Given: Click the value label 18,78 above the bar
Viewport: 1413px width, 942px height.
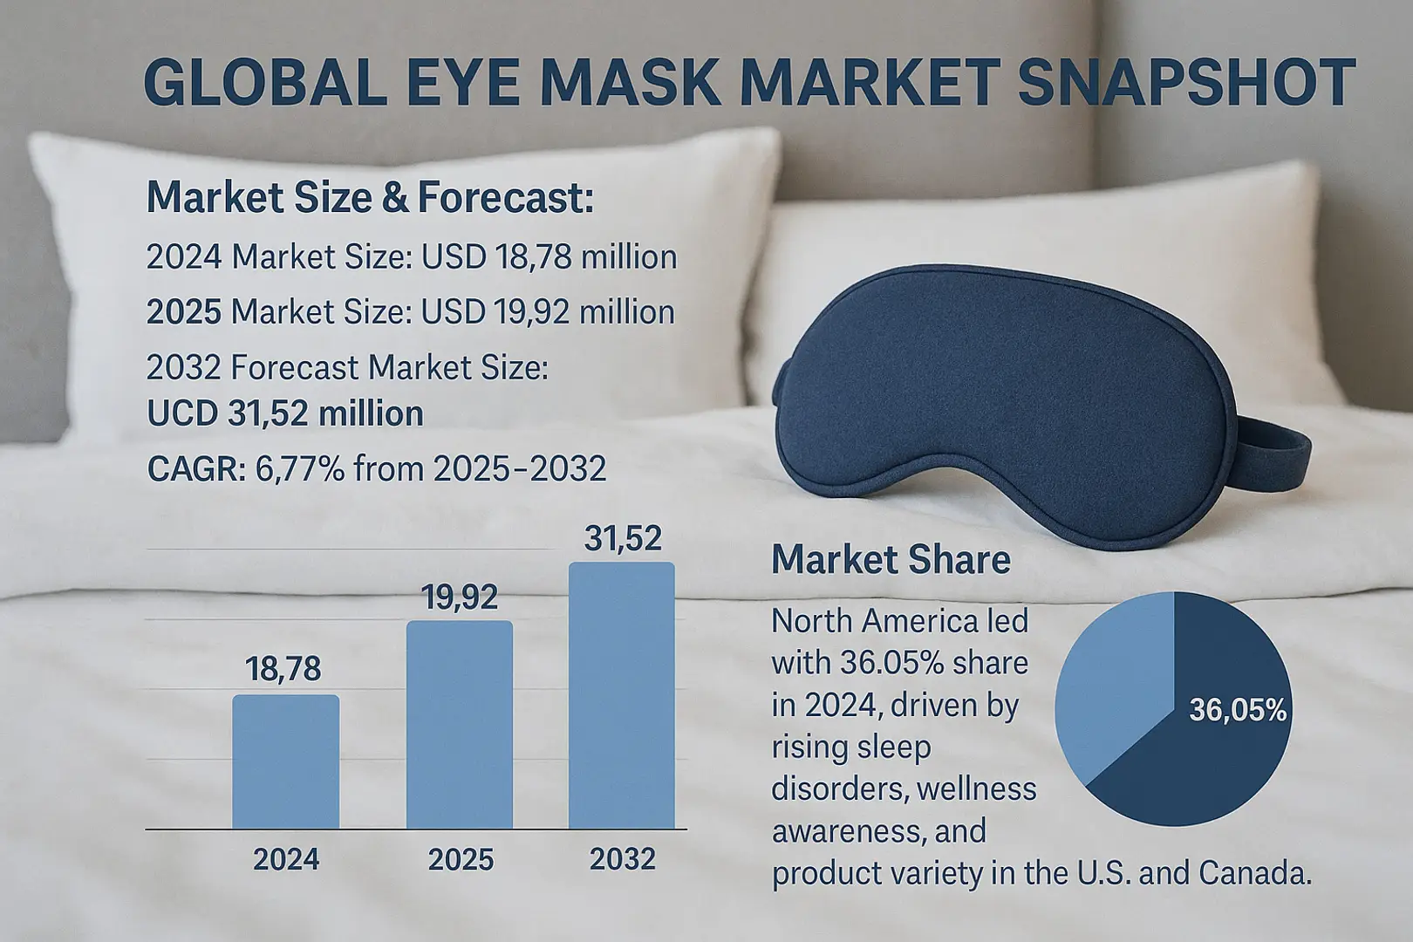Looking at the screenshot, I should pos(283,669).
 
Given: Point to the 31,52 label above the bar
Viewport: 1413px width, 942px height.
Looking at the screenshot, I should pos(623,539).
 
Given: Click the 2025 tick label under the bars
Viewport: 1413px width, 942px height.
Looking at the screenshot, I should pos(461,860).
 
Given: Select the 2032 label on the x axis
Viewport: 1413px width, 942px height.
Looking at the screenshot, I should pos(622,859).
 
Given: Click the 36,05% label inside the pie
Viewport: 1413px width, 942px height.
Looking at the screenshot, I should pos(1238,711).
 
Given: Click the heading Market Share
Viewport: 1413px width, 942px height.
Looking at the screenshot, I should pos(891,559).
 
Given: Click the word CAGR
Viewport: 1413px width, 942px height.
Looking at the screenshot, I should pos(196,469).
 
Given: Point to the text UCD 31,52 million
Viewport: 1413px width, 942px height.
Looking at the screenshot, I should pos(285,413).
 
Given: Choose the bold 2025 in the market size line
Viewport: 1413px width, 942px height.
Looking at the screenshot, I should pos(184,312).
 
